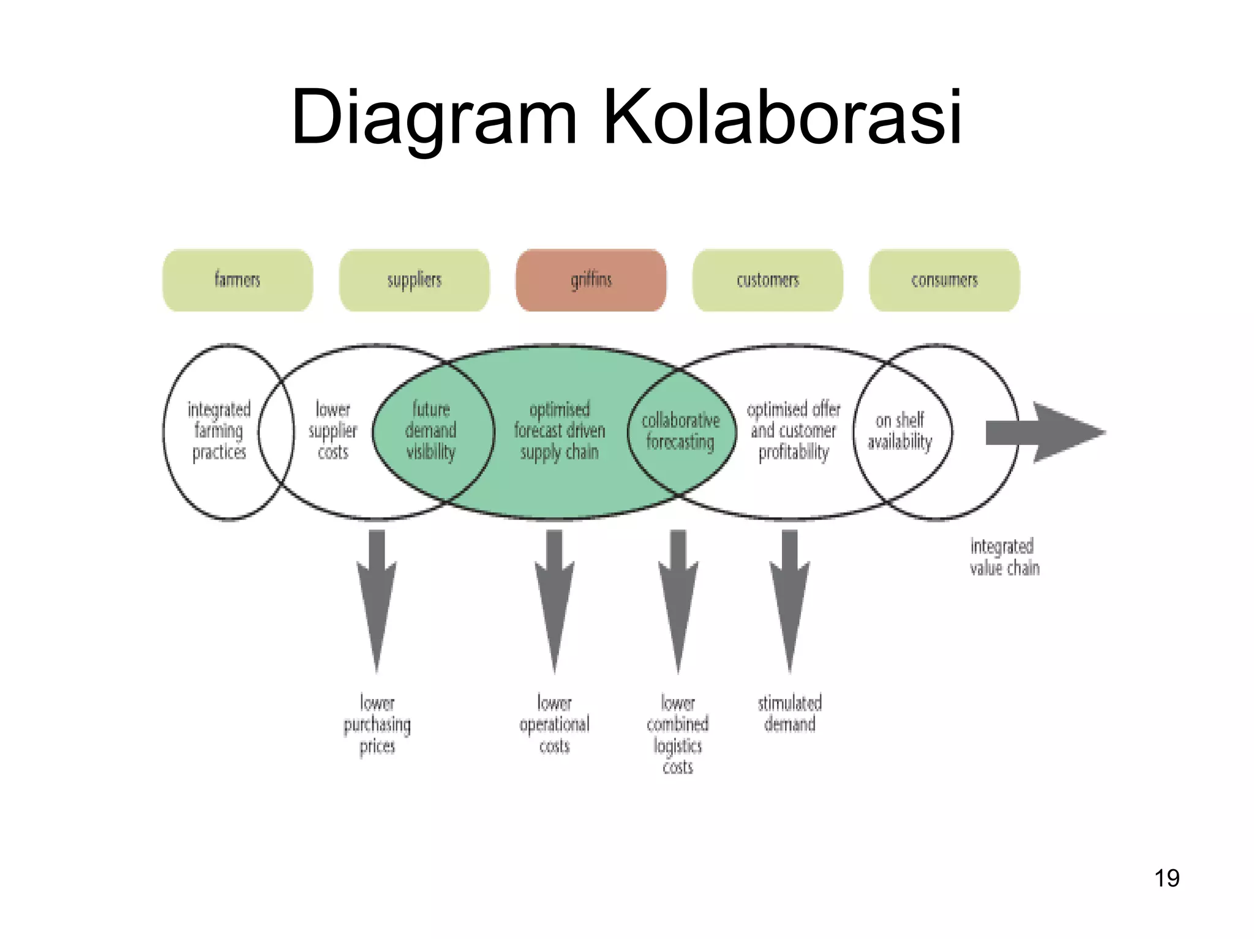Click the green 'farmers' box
(238, 280)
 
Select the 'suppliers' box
(414, 280)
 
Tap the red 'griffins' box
(591, 280)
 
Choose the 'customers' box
(767, 280)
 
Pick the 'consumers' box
(944, 280)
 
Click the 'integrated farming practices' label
(219, 431)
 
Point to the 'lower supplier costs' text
(332, 431)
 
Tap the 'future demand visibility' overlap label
(431, 431)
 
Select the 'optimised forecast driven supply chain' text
(559, 431)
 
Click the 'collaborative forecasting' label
(680, 431)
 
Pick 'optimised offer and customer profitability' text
(793, 431)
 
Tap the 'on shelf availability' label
(899, 431)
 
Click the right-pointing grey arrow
(1045, 433)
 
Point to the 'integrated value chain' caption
(1004, 557)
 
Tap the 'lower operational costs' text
(554, 725)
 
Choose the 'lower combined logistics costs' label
(678, 735)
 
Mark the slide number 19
(1166, 878)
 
